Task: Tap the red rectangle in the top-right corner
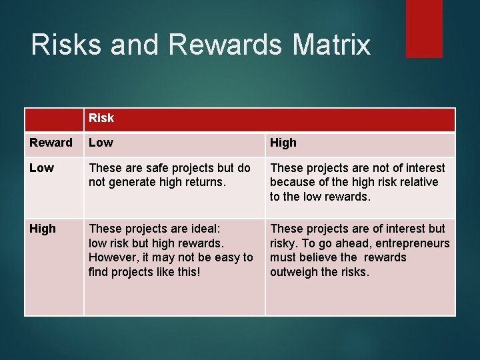pos(424,28)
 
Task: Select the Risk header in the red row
pos(101,118)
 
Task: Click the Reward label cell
pos(51,143)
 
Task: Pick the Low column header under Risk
pos(101,143)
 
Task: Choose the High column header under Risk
pos(283,143)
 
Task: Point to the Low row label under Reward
pos(41,168)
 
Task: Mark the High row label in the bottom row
pos(43,229)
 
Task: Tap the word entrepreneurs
pos(411,243)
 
